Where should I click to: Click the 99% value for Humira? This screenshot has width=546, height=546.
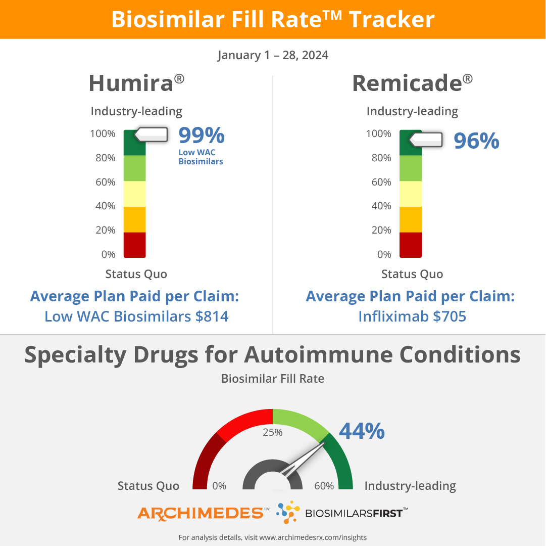202,135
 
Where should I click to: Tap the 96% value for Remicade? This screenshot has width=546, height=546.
476,141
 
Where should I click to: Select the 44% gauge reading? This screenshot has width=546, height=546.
362,431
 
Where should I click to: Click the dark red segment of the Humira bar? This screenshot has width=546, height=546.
135,245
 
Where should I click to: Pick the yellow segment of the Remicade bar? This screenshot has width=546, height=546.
411,194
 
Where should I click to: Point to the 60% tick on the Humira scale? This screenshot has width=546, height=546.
105,182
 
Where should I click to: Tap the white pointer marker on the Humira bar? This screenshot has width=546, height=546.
152,134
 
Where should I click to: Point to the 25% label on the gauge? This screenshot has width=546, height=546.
273,432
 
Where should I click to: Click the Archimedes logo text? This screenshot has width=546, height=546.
201,513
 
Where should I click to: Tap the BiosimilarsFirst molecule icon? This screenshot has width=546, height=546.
288,512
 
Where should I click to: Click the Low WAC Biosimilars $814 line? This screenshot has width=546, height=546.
136,316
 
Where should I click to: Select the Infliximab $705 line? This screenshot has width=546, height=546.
412,316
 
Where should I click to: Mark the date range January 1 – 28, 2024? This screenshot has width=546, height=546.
273,55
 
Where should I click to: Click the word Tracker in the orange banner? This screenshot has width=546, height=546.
391,20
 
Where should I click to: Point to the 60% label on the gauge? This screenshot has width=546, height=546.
324,486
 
